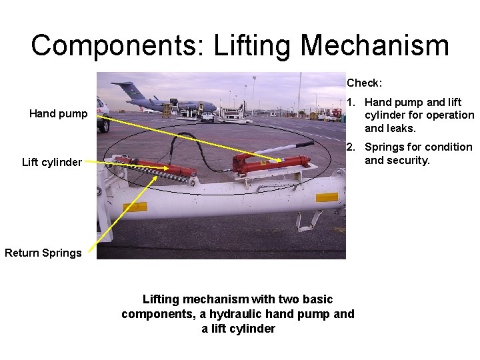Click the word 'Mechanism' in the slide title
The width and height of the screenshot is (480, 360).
coord(374,45)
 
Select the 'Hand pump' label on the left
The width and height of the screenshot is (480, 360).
coord(58,114)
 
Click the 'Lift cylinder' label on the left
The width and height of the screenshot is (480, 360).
coord(52,162)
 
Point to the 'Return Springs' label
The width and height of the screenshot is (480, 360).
coord(43,253)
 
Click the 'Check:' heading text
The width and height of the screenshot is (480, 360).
coord(364,83)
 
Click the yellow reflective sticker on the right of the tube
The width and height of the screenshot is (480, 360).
coord(326,197)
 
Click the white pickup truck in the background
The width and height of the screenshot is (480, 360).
coord(207,117)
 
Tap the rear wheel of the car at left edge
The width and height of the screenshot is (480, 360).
coord(104,125)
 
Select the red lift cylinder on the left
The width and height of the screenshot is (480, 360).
coord(160,167)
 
